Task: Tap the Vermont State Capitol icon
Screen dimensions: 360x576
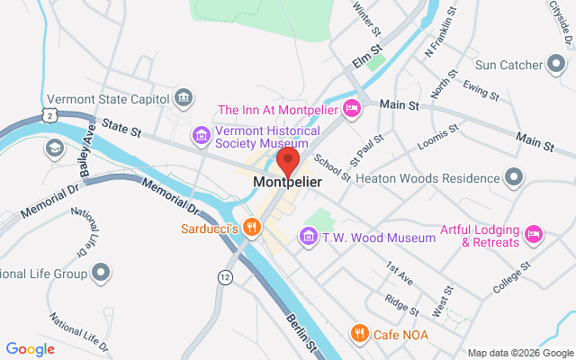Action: click(x=184, y=96)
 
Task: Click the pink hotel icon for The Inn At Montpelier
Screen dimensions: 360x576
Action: click(x=352, y=110)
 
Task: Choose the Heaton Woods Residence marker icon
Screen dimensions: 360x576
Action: click(x=514, y=177)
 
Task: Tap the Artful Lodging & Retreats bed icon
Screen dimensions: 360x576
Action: click(x=534, y=234)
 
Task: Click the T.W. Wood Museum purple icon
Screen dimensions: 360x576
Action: click(x=309, y=237)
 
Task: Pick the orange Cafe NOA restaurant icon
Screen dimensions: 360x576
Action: click(x=359, y=335)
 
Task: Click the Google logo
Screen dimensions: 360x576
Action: click(x=30, y=348)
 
